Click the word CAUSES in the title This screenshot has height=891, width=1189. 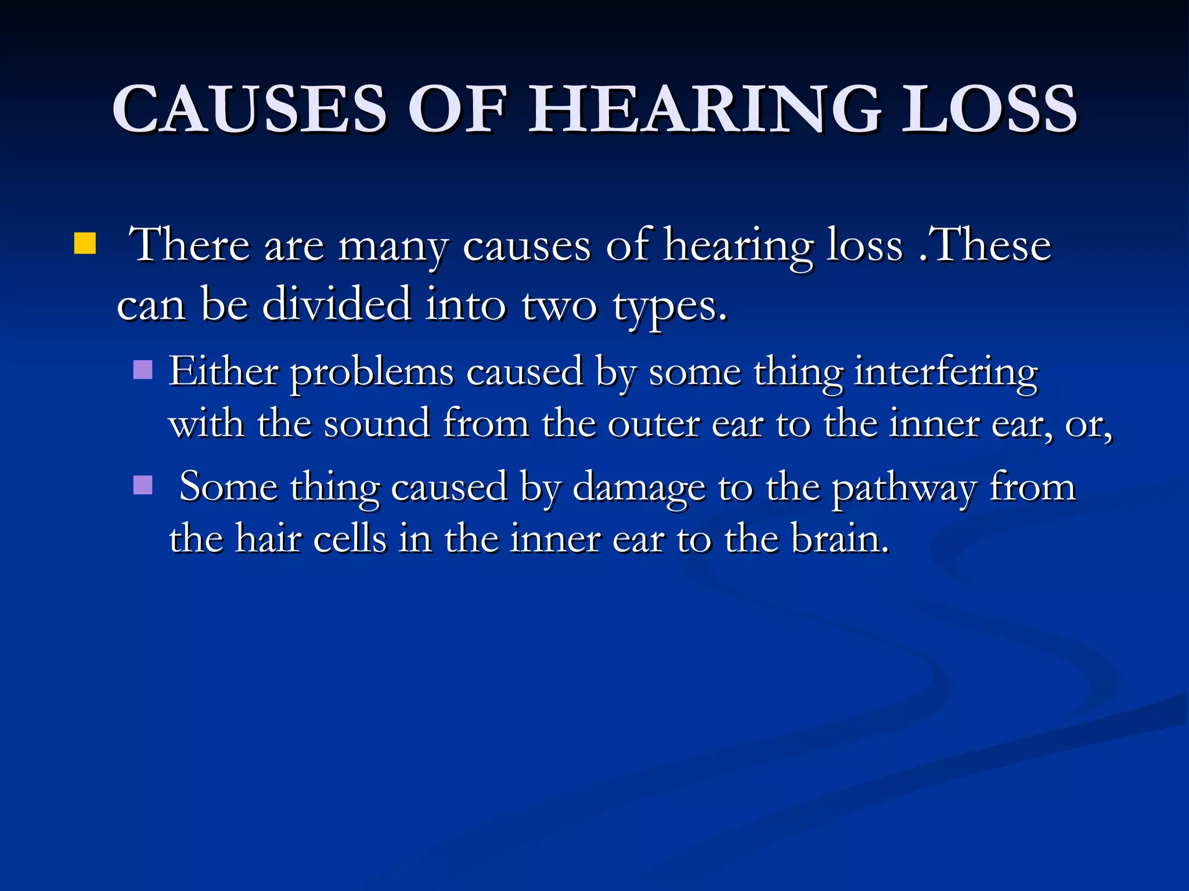point(250,108)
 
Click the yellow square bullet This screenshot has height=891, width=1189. point(85,244)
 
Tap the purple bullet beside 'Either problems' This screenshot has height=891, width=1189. point(143,370)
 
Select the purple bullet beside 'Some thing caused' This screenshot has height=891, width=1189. point(143,485)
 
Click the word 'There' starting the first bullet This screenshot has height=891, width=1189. point(189,245)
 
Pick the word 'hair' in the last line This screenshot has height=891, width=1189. point(268,538)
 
